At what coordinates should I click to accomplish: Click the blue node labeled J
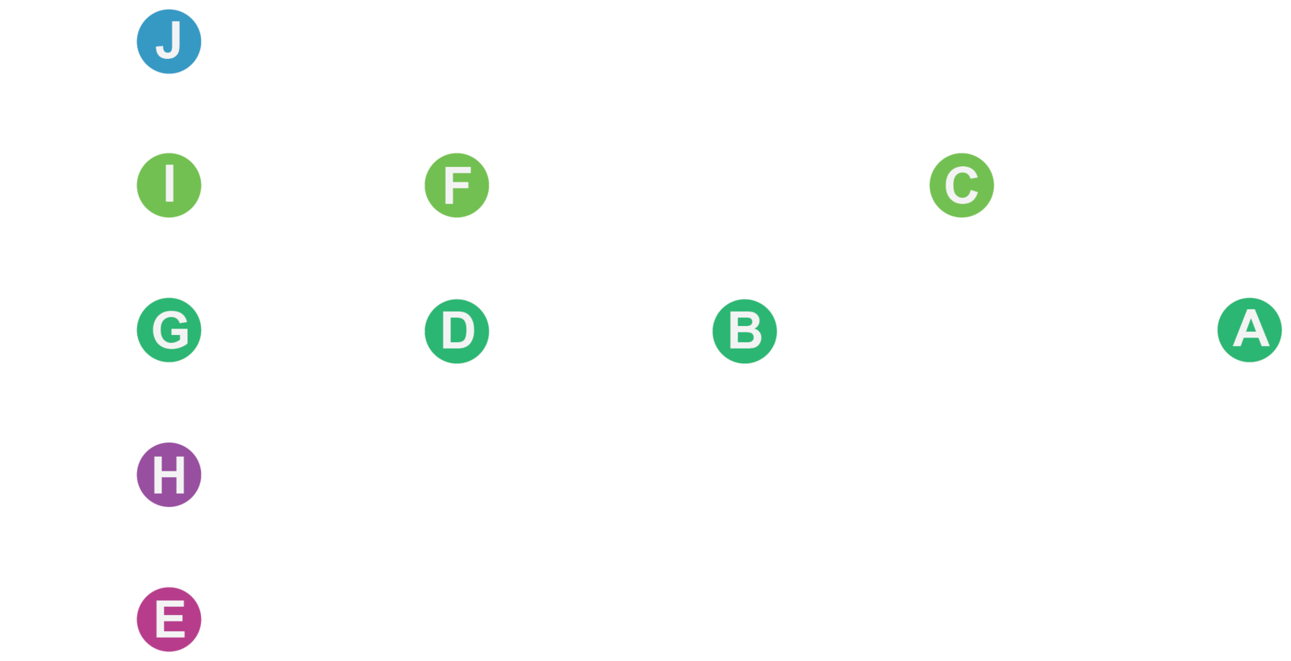[x=169, y=41]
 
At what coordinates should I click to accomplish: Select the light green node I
[x=169, y=185]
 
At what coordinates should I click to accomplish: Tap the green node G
[x=169, y=330]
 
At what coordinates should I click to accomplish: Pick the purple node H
[x=169, y=475]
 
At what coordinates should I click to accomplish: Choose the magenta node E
[x=169, y=619]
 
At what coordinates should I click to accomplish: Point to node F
[x=457, y=185]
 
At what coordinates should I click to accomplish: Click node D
[x=457, y=330]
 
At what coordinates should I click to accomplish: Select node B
[x=744, y=330]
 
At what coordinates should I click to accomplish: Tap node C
[x=961, y=185]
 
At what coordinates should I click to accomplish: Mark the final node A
[x=1249, y=330]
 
